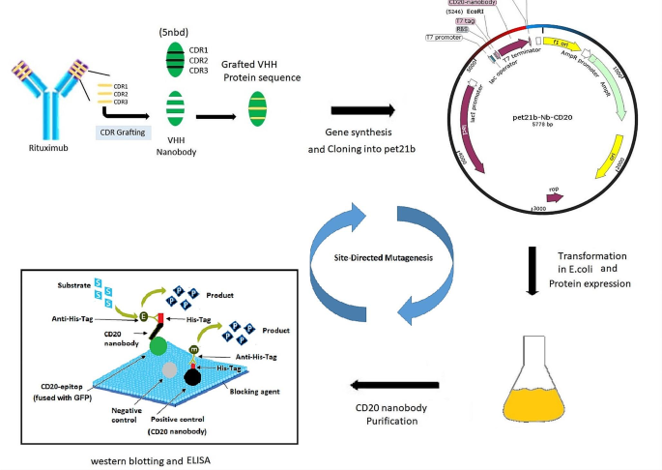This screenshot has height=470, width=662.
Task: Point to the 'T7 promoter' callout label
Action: tap(443, 37)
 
